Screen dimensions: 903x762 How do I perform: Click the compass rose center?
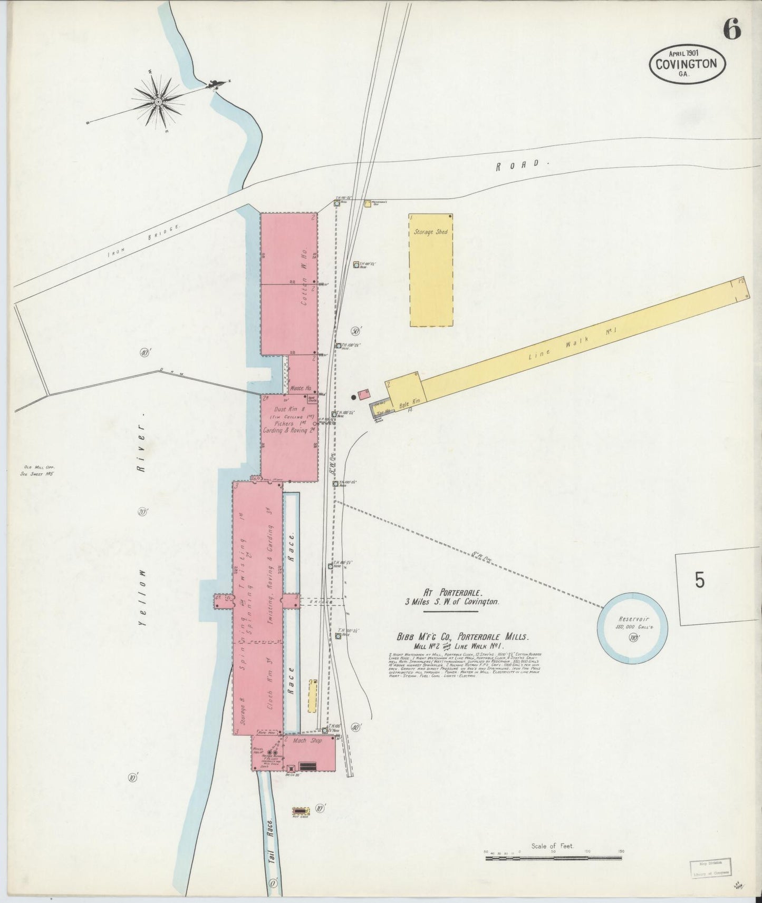point(158,100)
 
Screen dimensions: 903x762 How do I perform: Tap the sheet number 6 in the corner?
point(731,29)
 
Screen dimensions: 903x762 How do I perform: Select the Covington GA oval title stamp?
point(687,65)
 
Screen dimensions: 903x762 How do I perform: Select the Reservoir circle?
point(632,626)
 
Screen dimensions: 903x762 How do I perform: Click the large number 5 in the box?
point(699,580)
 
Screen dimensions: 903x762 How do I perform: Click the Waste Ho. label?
point(301,388)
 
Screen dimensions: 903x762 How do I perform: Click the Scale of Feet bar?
point(554,859)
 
